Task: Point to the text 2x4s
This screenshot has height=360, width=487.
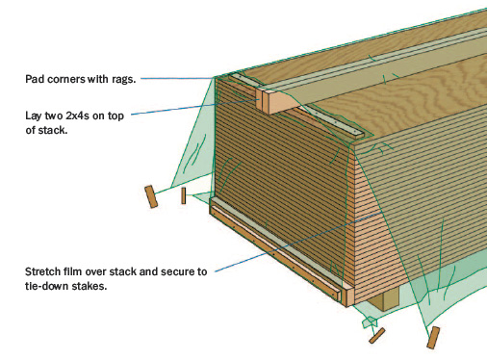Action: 77,116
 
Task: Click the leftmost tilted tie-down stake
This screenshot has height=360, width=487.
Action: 151,196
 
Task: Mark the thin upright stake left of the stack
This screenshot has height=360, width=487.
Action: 183,195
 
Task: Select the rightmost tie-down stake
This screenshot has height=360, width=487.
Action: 433,338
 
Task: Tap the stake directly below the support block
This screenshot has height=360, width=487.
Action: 376,336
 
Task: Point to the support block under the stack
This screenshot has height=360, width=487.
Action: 383,298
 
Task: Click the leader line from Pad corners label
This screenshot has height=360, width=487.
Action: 178,78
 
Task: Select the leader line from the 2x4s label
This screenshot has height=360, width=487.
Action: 195,106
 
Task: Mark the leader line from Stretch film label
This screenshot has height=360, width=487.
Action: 297,242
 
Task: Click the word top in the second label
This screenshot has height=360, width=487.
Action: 115,116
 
